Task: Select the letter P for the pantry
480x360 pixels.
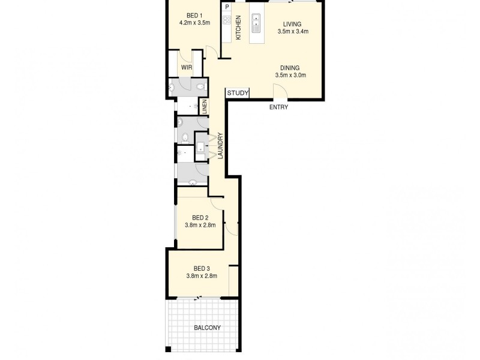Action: pyautogui.click(x=227, y=8)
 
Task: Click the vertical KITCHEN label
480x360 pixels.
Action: pyautogui.click(x=238, y=28)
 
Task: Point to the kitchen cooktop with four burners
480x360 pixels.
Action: pyautogui.click(x=227, y=20)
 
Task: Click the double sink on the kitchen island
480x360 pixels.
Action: pyautogui.click(x=256, y=23)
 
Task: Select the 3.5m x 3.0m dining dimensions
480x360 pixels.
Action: pyautogui.click(x=290, y=76)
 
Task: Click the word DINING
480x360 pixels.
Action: pyautogui.click(x=290, y=67)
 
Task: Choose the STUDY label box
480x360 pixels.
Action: pyautogui.click(x=238, y=93)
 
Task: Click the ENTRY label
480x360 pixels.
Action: pyautogui.click(x=279, y=107)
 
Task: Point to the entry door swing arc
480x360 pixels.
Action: pyautogui.click(x=280, y=92)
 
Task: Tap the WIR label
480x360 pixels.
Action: pyautogui.click(x=187, y=68)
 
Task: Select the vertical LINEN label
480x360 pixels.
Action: pyautogui.click(x=204, y=107)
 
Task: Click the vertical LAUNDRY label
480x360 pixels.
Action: pyautogui.click(x=220, y=146)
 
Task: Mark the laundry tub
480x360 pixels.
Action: pyautogui.click(x=200, y=146)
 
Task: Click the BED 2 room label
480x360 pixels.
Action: pyautogui.click(x=200, y=217)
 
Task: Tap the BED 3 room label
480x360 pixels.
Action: pyautogui.click(x=202, y=268)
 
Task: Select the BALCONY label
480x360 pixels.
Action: pyautogui.click(x=207, y=328)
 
